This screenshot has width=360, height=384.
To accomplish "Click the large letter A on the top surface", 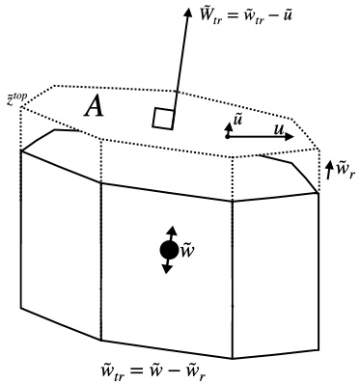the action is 94,106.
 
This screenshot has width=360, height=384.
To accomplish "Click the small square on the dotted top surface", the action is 163,119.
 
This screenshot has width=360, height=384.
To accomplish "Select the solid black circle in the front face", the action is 169,250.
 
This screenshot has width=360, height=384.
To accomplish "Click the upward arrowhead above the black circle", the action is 172,231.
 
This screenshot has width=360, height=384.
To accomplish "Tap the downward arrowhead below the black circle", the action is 166,268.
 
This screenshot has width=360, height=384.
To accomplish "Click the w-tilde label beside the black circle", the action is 187,251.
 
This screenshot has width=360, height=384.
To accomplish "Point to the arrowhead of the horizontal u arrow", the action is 290,136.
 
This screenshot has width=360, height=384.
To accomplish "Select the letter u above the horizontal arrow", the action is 279,129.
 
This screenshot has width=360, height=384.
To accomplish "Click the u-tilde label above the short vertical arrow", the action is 237,122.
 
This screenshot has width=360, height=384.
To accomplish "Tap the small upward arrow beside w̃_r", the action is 329,170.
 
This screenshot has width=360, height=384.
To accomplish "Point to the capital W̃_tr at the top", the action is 209,14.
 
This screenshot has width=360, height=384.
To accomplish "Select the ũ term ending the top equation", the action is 287,14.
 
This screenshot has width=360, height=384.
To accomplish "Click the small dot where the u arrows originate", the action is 227,137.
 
